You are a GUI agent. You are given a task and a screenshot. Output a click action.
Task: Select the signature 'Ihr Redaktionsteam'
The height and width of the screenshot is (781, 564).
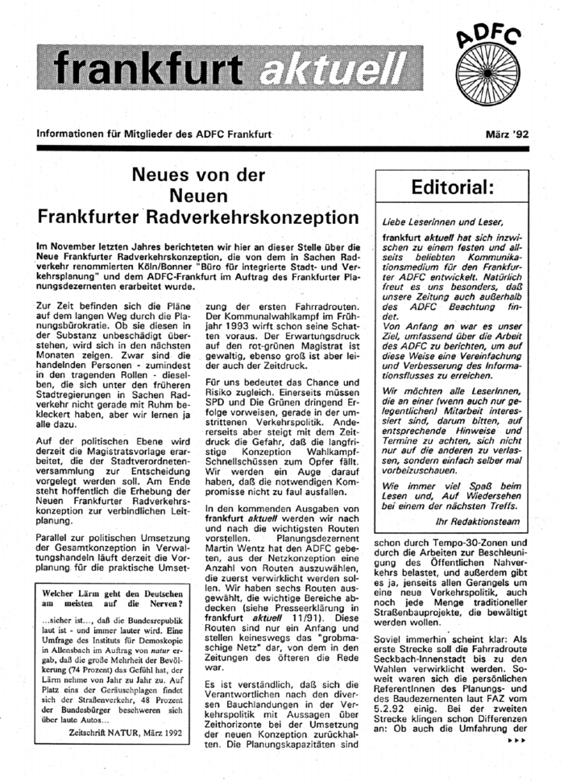496,519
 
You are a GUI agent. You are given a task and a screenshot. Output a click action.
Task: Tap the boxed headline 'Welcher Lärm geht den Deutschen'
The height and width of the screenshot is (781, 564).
114,595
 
